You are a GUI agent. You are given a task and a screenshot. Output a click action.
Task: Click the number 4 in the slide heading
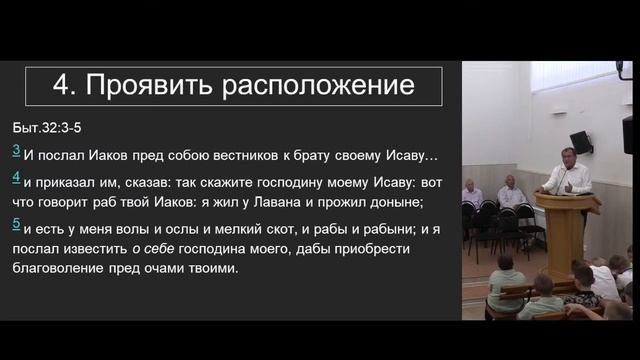(59, 87)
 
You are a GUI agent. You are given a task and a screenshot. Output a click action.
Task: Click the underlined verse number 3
(16, 151)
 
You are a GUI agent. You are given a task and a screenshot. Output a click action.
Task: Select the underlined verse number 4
(16, 178)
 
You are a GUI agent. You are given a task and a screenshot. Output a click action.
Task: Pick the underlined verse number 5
(16, 225)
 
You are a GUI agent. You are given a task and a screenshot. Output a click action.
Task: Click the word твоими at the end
(217, 269)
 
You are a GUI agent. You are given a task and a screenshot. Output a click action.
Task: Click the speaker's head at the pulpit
(568, 156)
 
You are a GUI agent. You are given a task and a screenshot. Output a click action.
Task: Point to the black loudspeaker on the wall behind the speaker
(581, 143)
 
